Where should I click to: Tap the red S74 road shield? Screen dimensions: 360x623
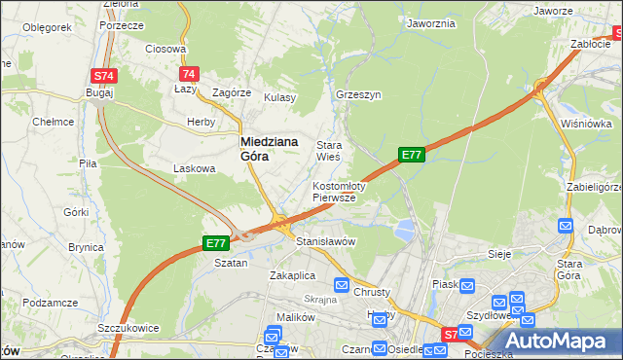104,76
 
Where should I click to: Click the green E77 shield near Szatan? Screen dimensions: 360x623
215,242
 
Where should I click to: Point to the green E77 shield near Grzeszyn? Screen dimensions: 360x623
412,154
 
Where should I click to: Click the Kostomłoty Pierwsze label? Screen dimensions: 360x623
338,191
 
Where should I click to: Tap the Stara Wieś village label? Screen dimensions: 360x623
328,150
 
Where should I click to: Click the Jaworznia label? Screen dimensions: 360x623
431,23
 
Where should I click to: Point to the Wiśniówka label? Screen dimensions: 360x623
586,124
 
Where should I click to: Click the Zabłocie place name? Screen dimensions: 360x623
590,43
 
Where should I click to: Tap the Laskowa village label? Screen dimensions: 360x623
194,168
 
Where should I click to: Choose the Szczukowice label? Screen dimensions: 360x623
128,328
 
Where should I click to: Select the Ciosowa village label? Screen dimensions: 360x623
165,48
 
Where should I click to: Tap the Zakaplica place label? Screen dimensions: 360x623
292,275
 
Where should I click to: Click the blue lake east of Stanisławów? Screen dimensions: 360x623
404,230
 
